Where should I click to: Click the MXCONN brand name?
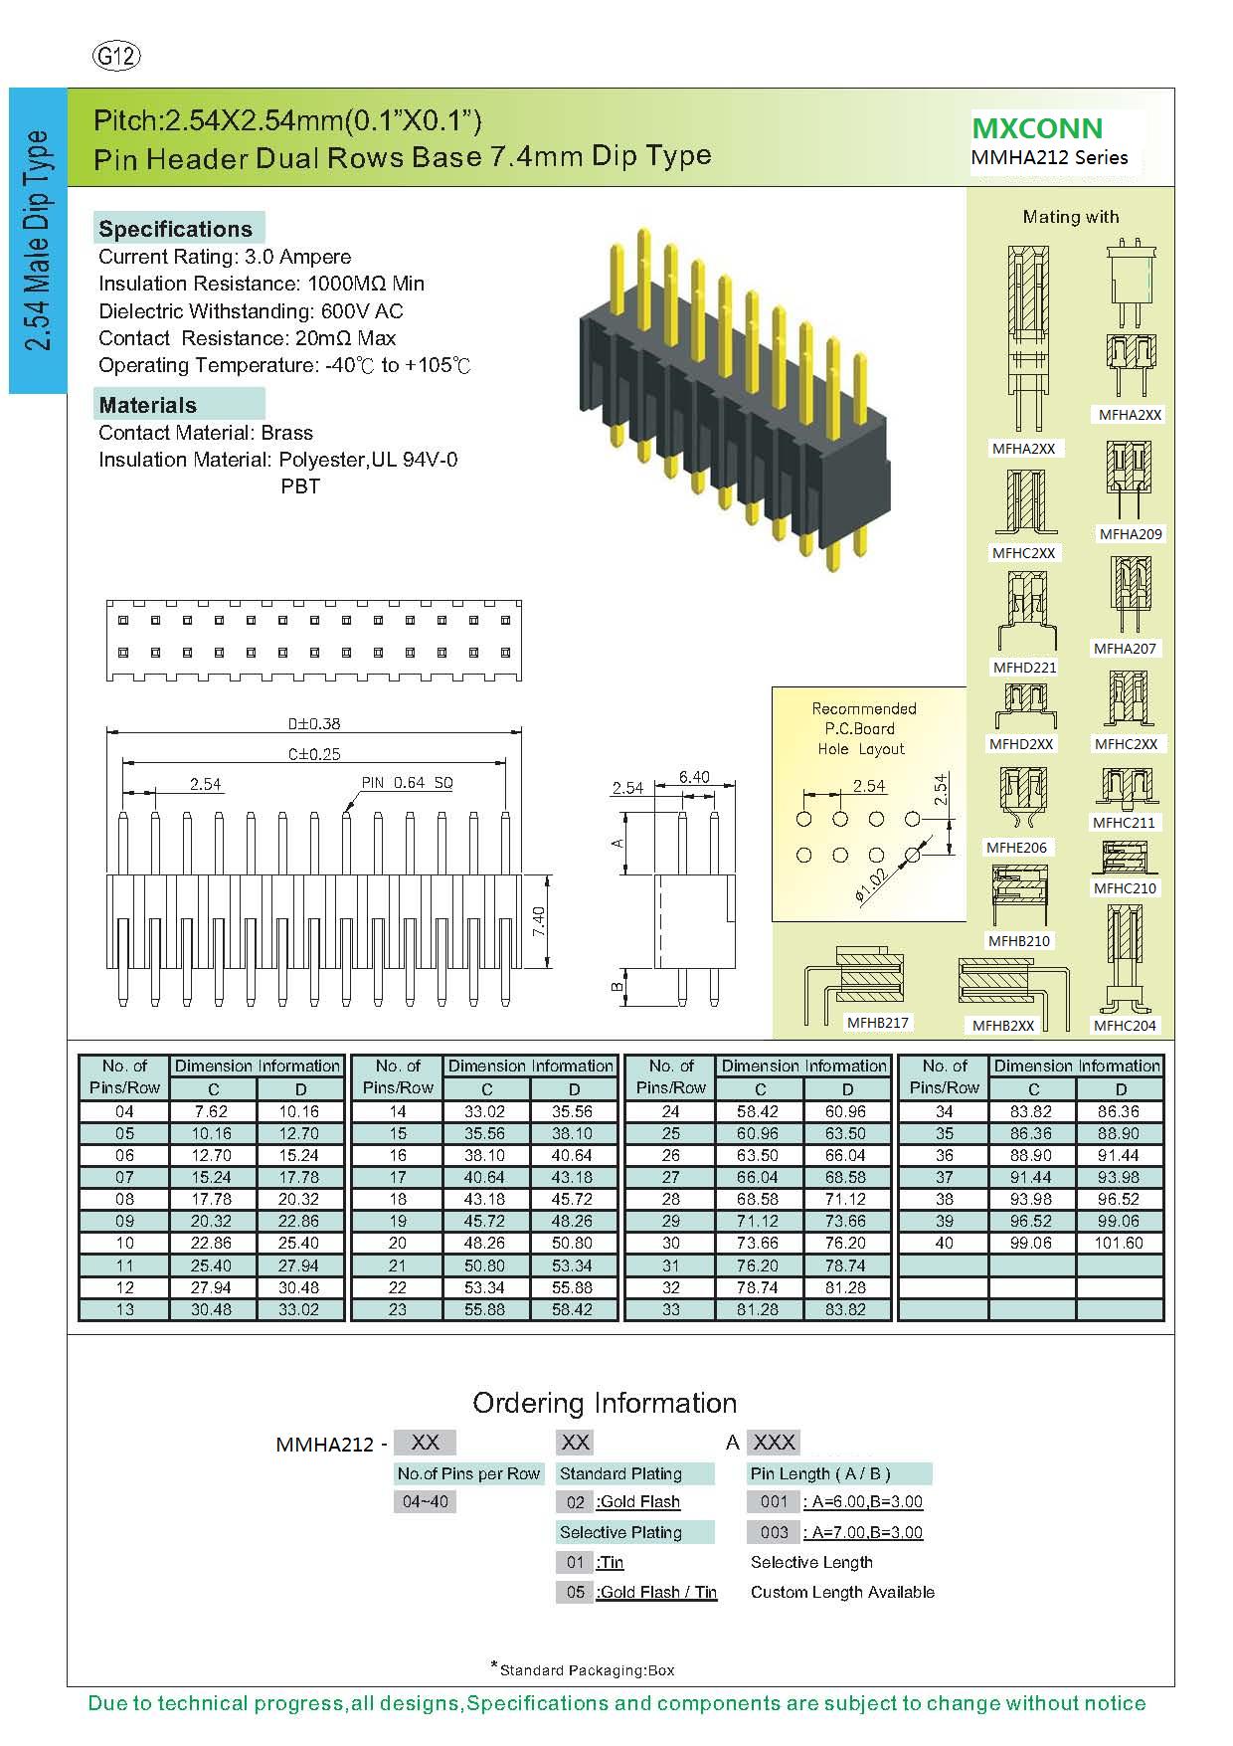click(1037, 128)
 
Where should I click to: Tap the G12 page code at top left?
click(116, 57)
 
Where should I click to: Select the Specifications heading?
click(176, 229)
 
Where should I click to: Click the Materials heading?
click(148, 405)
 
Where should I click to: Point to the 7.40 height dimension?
click(539, 921)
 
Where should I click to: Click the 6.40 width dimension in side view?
click(694, 777)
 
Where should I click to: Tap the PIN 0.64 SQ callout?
click(407, 783)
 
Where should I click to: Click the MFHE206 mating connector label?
click(1016, 848)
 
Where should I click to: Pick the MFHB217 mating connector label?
click(878, 1022)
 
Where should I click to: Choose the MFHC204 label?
click(1125, 1026)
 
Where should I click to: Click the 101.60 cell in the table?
click(1119, 1243)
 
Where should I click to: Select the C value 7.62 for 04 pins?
click(211, 1111)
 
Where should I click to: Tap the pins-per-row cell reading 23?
click(398, 1309)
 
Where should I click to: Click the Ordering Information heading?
click(605, 1403)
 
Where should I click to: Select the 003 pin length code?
click(774, 1532)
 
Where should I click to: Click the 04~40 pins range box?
click(426, 1501)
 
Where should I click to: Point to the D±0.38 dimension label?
click(314, 723)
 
